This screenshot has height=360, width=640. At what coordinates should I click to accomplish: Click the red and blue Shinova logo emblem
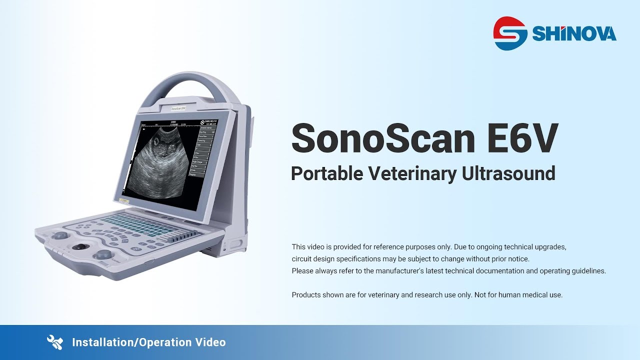[510, 33]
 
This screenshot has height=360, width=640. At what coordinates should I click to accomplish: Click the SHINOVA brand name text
[574, 34]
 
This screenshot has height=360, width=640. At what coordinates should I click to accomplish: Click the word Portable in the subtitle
[326, 173]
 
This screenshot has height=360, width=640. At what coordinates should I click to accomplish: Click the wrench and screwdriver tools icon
[54, 342]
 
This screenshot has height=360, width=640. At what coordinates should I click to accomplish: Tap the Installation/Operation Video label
[149, 342]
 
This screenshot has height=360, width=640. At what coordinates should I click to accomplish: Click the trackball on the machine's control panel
[78, 247]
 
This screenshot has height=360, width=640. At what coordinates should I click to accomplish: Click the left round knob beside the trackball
[61, 234]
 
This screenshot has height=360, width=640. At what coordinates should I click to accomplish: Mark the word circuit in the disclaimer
[302, 259]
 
